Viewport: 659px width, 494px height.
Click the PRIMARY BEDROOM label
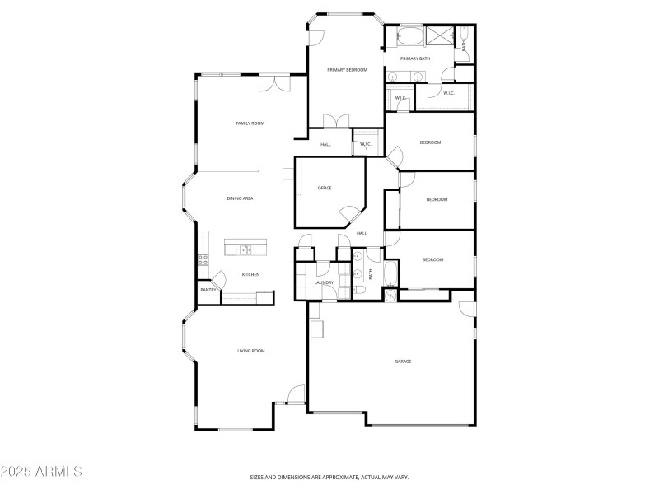(x=347, y=70)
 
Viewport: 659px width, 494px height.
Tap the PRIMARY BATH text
(x=415, y=58)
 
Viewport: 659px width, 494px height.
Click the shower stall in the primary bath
(x=441, y=35)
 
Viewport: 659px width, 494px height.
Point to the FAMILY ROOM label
(x=250, y=123)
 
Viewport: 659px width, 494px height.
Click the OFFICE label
(x=325, y=189)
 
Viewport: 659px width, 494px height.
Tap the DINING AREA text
(x=240, y=198)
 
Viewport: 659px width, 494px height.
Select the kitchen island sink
(x=245, y=249)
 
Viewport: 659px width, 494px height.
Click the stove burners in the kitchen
(x=202, y=260)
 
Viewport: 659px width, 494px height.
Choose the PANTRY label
(x=208, y=290)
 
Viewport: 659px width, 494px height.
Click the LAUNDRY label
(x=324, y=283)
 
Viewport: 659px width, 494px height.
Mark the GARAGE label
(x=403, y=361)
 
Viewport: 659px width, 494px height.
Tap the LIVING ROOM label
(x=251, y=352)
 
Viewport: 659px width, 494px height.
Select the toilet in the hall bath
(x=361, y=291)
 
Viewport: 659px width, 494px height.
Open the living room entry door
(x=294, y=395)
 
